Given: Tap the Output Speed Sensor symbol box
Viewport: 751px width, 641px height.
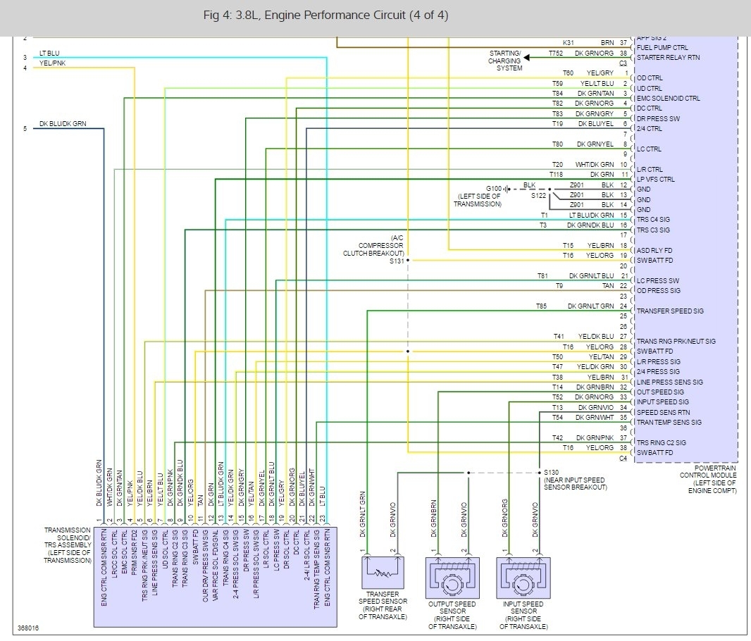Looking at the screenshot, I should click(452, 575).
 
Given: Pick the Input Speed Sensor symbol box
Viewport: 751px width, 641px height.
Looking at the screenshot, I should click(521, 575).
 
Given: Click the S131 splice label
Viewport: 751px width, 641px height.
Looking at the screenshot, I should click(397, 260).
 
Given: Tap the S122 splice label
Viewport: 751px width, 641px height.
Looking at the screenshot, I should click(539, 194).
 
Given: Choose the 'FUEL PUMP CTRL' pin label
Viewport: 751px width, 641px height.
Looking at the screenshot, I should click(662, 48).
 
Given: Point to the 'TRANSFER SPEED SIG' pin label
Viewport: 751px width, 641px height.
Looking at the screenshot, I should click(670, 311).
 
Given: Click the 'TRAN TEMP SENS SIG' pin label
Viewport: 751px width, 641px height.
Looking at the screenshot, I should click(669, 423).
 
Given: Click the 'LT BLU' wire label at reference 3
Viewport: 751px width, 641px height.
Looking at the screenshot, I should click(49, 53).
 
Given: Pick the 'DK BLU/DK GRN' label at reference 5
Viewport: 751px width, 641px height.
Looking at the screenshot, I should click(63, 124).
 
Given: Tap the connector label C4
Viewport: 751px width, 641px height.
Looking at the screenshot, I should click(622, 458).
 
